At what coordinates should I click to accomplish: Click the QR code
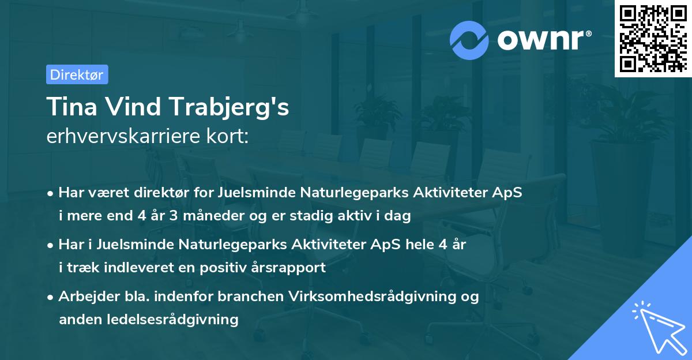(x=653, y=39)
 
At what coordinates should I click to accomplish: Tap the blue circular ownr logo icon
(x=469, y=40)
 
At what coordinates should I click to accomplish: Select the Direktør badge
(x=77, y=74)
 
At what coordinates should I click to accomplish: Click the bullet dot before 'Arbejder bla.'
(x=51, y=297)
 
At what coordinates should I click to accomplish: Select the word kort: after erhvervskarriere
(x=228, y=137)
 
